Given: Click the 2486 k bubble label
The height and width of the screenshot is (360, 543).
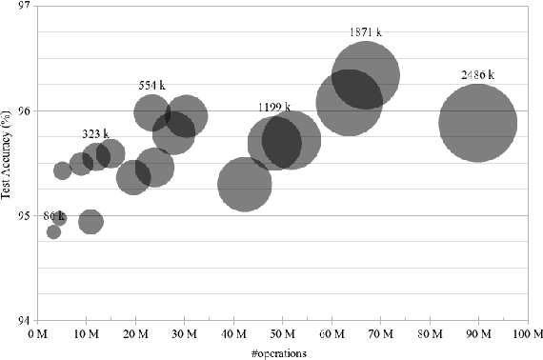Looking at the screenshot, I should pos(477,74).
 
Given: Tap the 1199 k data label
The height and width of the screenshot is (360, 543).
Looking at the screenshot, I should pos(276,107).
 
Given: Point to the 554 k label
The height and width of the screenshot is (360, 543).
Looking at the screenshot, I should pos(152,85).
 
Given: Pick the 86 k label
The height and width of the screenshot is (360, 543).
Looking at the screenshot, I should pos(54,216).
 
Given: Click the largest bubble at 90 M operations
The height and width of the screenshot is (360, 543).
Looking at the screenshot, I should pos(478,123).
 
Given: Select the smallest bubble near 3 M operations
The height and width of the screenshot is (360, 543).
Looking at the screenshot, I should pos(53,231).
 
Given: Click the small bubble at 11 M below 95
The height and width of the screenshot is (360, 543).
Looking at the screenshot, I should pos(91,222).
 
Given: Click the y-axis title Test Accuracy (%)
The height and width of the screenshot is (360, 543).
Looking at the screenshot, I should pos(8,163).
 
